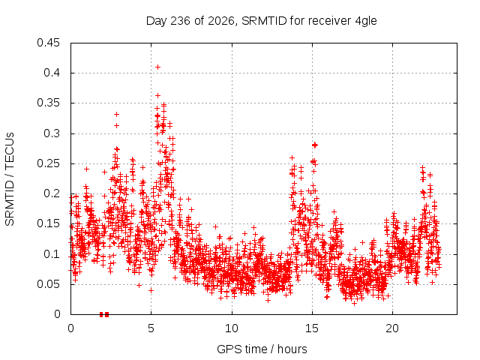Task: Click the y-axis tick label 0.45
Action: [48, 43]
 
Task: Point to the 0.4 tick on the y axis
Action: [52, 73]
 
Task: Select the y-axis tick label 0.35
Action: [48, 103]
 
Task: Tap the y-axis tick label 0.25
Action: [48, 163]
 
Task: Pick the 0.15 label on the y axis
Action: [48, 223]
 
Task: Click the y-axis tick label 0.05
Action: [48, 284]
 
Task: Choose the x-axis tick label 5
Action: [151, 328]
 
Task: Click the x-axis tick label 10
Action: [232, 328]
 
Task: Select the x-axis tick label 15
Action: [312, 328]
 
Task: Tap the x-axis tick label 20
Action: [392, 328]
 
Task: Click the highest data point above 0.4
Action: [157, 67]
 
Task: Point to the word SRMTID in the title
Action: [264, 21]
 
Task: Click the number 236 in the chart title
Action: [181, 21]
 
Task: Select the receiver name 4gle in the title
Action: [366, 21]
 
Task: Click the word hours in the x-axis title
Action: [292, 349]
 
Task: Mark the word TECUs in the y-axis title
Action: [10, 151]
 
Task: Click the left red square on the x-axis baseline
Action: [101, 314]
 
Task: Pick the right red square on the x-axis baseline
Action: [106, 314]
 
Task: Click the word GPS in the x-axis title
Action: [226, 349]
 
